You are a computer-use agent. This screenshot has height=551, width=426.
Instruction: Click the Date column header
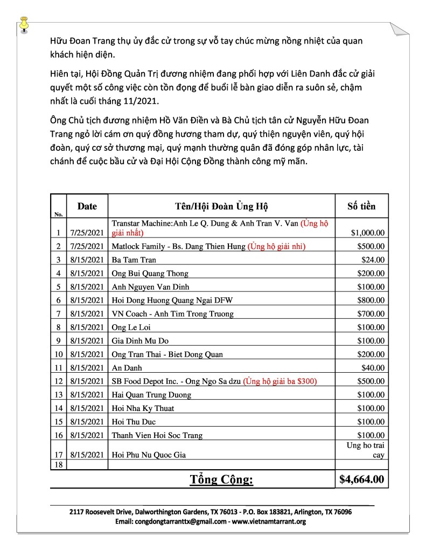click(87, 206)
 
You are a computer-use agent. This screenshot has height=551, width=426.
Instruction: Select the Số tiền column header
click(361, 206)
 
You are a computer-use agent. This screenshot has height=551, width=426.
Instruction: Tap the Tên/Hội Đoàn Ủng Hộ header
click(221, 206)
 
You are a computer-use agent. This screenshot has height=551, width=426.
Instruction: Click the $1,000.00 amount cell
click(367, 233)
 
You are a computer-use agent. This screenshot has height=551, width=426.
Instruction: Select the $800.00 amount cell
click(371, 300)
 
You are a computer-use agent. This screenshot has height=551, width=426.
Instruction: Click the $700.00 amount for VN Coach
click(371, 313)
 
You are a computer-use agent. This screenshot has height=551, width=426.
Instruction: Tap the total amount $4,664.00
click(361, 479)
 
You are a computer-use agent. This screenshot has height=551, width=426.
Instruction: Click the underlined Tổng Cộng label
click(221, 479)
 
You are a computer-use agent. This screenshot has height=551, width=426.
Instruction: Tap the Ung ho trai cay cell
click(365, 450)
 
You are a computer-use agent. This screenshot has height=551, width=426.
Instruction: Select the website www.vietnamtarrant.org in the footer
click(269, 522)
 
